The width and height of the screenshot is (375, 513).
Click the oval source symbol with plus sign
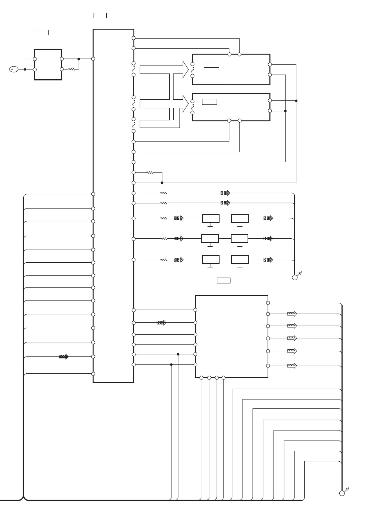[x=13, y=69]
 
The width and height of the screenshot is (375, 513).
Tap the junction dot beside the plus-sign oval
[x=25, y=69]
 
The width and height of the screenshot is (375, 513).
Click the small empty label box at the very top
[x=100, y=15]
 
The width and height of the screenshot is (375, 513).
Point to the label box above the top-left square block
[x=42, y=33]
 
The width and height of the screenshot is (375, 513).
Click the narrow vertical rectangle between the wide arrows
[x=175, y=114]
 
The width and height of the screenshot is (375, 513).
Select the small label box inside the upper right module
[x=212, y=65]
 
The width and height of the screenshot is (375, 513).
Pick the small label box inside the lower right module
[x=209, y=102]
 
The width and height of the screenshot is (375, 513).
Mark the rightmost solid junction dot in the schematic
[x=296, y=101]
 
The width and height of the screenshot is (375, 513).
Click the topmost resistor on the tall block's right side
[x=150, y=172]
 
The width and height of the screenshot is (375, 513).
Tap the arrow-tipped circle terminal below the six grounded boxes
[x=295, y=277]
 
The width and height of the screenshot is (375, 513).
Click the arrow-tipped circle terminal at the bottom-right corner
[x=342, y=493]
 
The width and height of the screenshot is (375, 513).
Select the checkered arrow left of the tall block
[x=64, y=357]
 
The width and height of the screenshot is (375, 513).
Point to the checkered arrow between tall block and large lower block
[x=161, y=323]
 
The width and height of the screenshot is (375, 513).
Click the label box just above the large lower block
[x=224, y=281]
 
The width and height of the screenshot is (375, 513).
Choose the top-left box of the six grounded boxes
[x=211, y=219]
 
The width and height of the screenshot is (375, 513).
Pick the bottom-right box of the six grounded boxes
[x=240, y=260]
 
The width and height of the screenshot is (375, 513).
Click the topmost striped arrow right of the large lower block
[x=292, y=314]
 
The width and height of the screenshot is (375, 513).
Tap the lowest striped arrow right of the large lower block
[x=292, y=366]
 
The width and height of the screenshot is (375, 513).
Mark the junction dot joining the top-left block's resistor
[x=79, y=59]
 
